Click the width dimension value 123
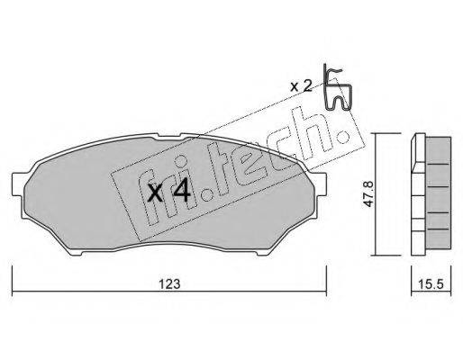pos(169,284)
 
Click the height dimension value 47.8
pos(368,193)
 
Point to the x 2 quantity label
pos(301,86)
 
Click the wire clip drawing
pos(337,87)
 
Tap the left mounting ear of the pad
pos(17,184)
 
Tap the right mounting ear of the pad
pos(321,184)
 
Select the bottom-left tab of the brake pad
pos(76,254)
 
